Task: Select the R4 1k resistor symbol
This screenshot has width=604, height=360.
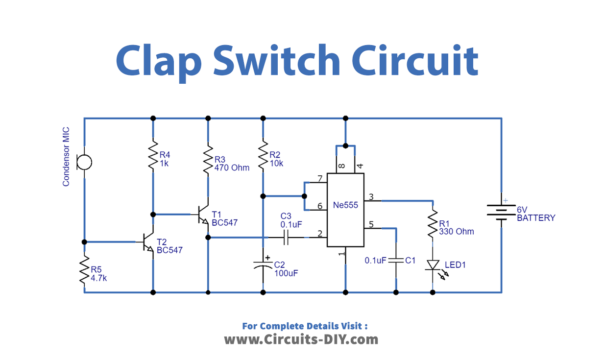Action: [x=153, y=158]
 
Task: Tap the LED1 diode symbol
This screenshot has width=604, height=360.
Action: [x=432, y=266]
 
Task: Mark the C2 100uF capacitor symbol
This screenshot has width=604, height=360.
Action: [x=262, y=267]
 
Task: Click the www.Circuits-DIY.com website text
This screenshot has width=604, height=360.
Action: [x=300, y=340]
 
